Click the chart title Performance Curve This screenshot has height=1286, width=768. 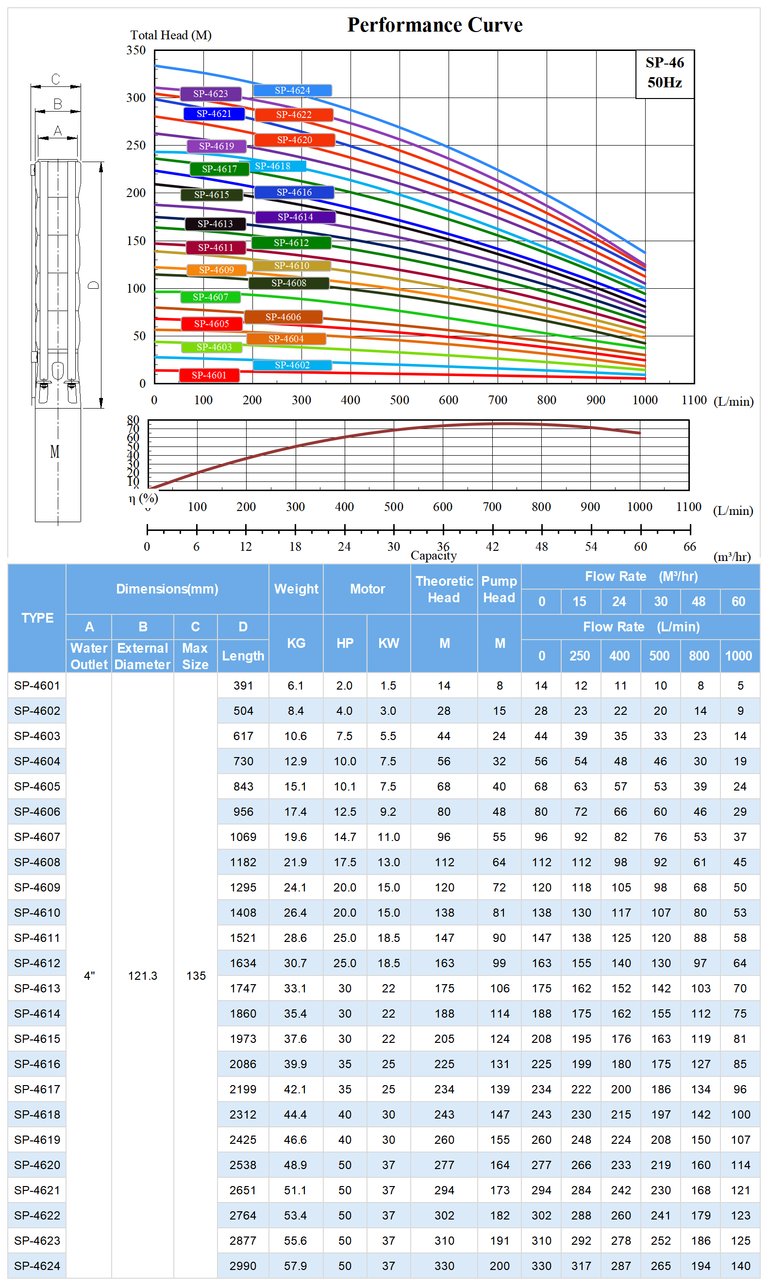[x=434, y=25]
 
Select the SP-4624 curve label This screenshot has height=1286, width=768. [x=292, y=91]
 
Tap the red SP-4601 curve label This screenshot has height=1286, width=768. [x=209, y=376]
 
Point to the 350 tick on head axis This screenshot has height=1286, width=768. [x=136, y=50]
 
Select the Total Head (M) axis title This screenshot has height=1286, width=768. [x=171, y=35]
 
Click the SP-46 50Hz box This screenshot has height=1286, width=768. [x=665, y=73]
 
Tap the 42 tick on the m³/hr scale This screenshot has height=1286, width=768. [x=492, y=547]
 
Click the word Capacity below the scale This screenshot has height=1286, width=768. [x=434, y=556]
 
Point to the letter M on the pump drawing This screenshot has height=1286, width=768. [x=54, y=452]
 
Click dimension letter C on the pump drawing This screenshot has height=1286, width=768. [x=55, y=79]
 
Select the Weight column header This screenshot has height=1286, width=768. [x=296, y=589]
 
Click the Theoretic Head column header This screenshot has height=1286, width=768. [x=444, y=589]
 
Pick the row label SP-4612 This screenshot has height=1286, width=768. [x=37, y=964]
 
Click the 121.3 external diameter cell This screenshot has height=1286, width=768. [x=142, y=976]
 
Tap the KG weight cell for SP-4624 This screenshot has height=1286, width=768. [x=296, y=1266]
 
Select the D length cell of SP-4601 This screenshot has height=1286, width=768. [x=243, y=686]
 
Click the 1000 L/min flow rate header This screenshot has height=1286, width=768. [x=738, y=657]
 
